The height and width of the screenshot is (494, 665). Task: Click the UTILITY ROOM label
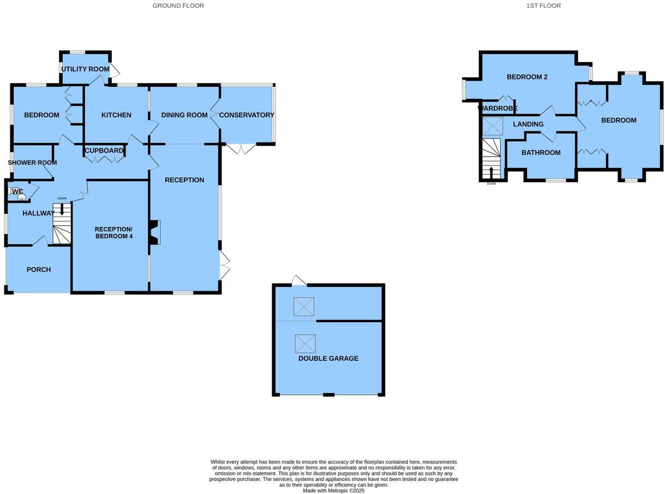point(85,69)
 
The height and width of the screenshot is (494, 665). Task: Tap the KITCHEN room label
point(116,115)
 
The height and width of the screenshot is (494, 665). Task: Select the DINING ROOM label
point(184,115)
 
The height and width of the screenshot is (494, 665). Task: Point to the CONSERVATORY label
point(247,115)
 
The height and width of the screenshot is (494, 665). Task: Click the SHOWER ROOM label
point(32,162)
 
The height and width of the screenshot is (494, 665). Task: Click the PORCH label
point(39,269)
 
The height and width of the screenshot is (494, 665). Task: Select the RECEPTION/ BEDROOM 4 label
point(113,232)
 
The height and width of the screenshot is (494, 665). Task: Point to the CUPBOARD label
point(104,151)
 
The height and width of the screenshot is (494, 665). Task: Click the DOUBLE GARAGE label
point(328,358)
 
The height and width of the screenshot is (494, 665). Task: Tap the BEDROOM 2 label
point(527,77)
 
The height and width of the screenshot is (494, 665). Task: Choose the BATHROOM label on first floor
point(541,153)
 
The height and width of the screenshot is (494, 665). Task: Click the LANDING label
point(528,124)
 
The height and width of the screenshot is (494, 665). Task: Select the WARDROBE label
point(497,108)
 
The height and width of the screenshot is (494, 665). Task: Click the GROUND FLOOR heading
point(178,5)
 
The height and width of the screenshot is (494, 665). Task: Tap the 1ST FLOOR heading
point(543,5)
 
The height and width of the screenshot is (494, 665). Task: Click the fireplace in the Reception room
point(155,232)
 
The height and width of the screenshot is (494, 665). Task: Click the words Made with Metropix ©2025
point(333,490)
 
